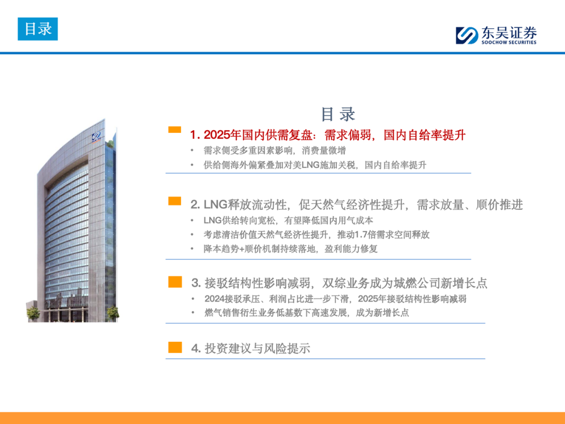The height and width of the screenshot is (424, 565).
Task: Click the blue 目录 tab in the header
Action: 38,29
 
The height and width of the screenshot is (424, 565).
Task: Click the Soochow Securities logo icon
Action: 467,36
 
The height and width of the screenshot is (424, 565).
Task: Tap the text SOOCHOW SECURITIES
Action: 509,42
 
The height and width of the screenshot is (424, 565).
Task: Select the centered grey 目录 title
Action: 338,114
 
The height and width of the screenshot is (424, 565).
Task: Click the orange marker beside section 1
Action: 175,130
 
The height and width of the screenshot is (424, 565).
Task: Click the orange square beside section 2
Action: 175,201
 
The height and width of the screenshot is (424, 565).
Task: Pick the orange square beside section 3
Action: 175,282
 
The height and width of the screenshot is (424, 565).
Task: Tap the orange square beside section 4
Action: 175,347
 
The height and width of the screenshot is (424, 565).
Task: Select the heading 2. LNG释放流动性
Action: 239,205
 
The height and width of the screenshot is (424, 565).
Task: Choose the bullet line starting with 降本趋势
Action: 290,249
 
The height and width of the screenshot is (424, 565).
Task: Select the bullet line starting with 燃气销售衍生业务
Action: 307,313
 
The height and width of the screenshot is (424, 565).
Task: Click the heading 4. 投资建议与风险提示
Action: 251,348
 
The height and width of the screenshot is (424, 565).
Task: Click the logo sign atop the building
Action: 96,137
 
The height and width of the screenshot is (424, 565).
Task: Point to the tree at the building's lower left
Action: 33,314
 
